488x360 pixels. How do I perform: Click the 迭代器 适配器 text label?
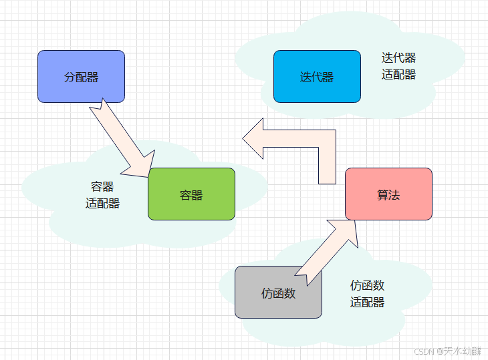click(x=399, y=66)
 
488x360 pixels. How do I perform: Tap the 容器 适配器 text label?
click(x=102, y=195)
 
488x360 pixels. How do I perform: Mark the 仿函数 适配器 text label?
click(x=367, y=294)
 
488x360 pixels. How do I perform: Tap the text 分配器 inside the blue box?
click(x=81, y=77)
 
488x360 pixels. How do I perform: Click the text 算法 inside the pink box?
click(x=388, y=194)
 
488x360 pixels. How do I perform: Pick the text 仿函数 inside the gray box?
click(x=278, y=293)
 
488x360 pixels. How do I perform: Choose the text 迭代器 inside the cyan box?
click(x=317, y=77)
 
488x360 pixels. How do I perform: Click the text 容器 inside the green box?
click(x=191, y=195)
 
